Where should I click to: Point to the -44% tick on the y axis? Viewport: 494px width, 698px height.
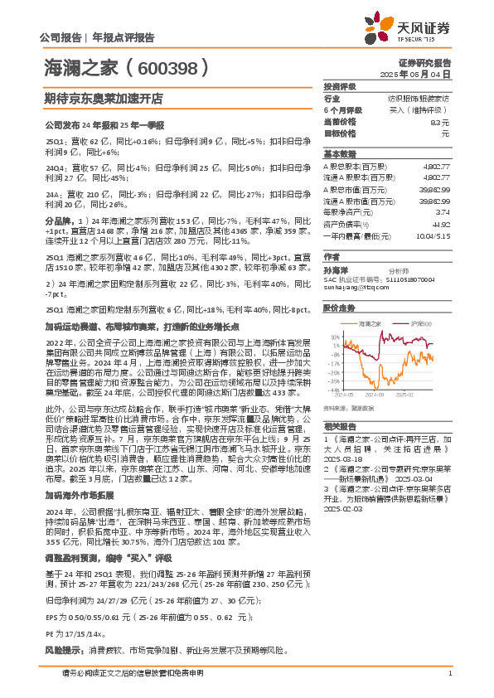click(332, 390)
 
